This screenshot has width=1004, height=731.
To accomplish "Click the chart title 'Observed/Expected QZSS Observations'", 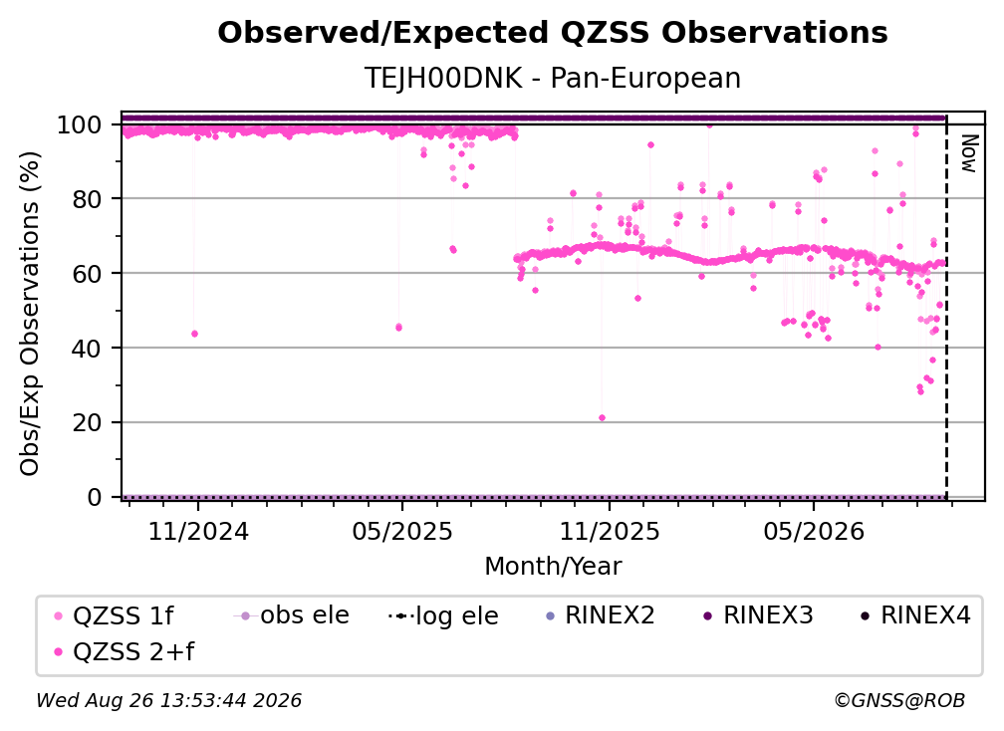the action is [553, 33].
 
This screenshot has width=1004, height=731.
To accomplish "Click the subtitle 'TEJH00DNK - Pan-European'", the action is [553, 78].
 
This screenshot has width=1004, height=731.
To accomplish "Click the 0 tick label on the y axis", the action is [94, 497].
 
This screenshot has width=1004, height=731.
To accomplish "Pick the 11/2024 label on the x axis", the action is [198, 531].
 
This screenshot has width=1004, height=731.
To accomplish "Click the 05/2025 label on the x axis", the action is [402, 531].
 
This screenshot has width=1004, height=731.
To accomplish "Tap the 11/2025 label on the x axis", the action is [610, 531].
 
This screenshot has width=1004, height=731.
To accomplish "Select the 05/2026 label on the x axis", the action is [814, 531].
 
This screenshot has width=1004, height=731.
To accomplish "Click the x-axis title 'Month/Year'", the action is [553, 567].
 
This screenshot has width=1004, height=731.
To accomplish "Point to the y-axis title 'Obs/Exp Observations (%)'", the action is [30, 313].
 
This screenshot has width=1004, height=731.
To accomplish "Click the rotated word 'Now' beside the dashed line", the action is [969, 153].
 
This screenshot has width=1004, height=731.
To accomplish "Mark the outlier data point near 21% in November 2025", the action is [602, 418].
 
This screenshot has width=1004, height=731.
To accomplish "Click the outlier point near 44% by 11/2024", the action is [194, 334].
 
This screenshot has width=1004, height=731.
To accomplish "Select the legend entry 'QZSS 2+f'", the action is [125, 651].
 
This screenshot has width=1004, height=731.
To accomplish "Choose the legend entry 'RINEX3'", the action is [758, 615].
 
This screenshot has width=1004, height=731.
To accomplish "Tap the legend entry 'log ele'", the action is [443, 615].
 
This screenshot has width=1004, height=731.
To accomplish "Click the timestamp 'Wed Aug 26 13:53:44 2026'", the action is [168, 700].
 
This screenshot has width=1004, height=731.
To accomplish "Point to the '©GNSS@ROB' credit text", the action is [899, 700].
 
